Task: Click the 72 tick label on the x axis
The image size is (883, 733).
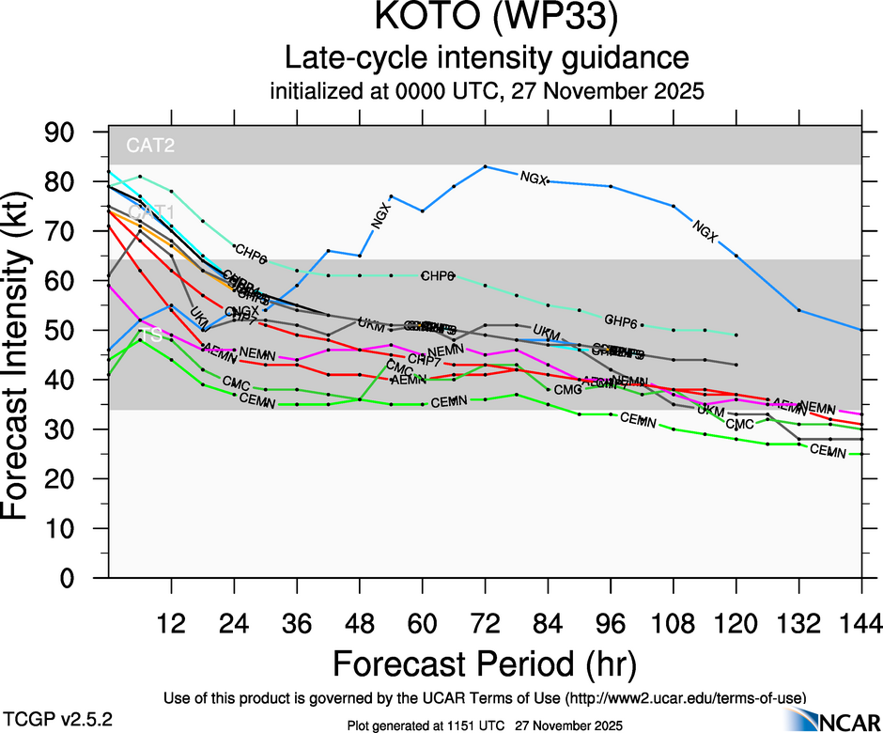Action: tap(485, 622)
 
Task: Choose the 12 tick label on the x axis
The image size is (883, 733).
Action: tap(171, 622)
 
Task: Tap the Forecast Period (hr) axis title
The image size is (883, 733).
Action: tap(485, 663)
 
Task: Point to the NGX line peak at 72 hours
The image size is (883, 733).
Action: tap(485, 166)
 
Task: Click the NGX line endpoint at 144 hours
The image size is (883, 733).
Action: tap(861, 330)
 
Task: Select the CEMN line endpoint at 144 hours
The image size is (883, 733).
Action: tap(861, 454)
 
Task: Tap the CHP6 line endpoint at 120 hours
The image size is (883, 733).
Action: tap(736, 335)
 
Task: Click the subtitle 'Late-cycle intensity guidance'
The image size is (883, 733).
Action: tap(487, 58)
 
